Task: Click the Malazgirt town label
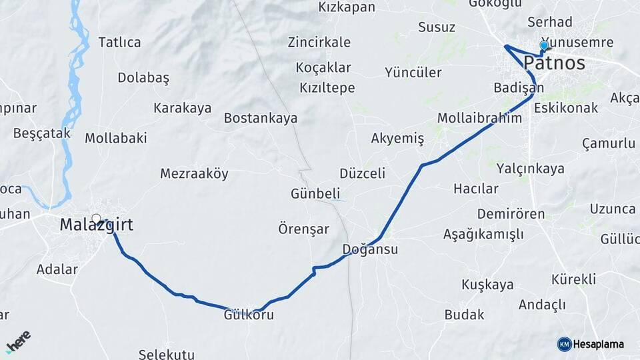pyautogui.click(x=97, y=225)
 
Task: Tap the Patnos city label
pyautogui.click(x=554, y=64)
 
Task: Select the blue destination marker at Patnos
pyautogui.click(x=544, y=45)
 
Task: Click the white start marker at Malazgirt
pyautogui.click(x=97, y=218)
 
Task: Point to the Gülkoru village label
pyautogui.click(x=249, y=315)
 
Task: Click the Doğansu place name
pyautogui.click(x=370, y=250)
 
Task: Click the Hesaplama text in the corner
pyautogui.click(x=599, y=345)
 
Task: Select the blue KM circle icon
pyautogui.click(x=564, y=345)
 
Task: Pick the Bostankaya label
pyautogui.click(x=261, y=118)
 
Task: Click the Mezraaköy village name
pyautogui.click(x=194, y=174)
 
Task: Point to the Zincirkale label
pyautogui.click(x=319, y=43)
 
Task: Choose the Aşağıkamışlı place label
pyautogui.click(x=483, y=234)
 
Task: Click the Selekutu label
pyautogui.click(x=167, y=353)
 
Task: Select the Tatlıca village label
pyautogui.click(x=120, y=43)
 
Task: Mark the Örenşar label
pyautogui.click(x=303, y=229)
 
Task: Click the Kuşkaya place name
pyautogui.click(x=487, y=285)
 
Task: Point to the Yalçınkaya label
pyautogui.click(x=531, y=169)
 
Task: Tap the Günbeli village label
pyautogui.click(x=315, y=194)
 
